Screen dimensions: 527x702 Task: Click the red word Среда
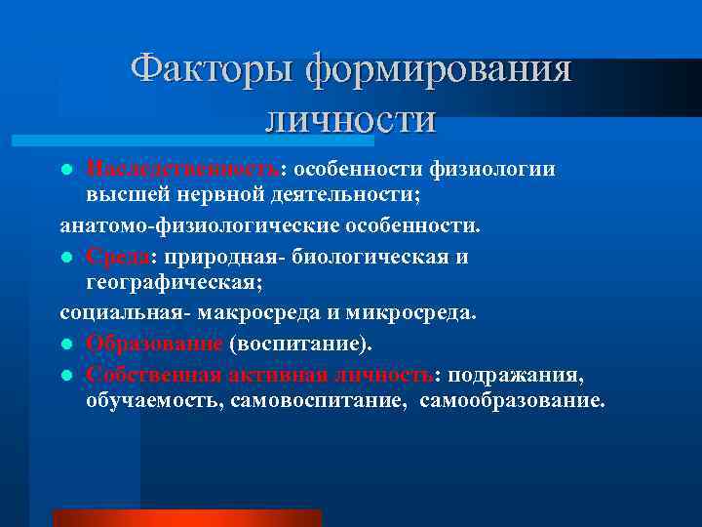pos(117,258)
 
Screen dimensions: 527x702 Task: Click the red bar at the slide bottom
pos(186,518)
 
